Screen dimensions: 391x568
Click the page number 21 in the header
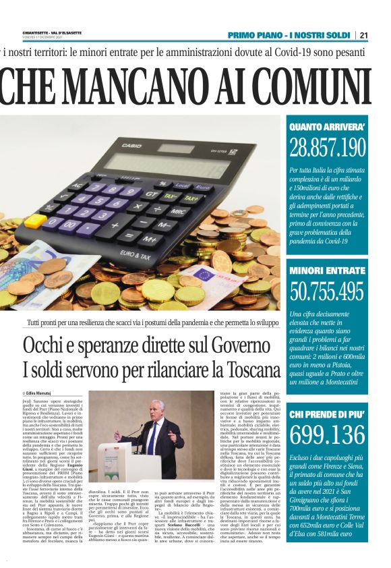pyautogui.click(x=382, y=35)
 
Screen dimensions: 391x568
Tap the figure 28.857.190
pyautogui.click(x=328, y=146)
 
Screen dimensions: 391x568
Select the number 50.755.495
pyautogui.click(x=328, y=291)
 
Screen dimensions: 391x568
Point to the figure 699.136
pyautogui.click(x=328, y=436)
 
